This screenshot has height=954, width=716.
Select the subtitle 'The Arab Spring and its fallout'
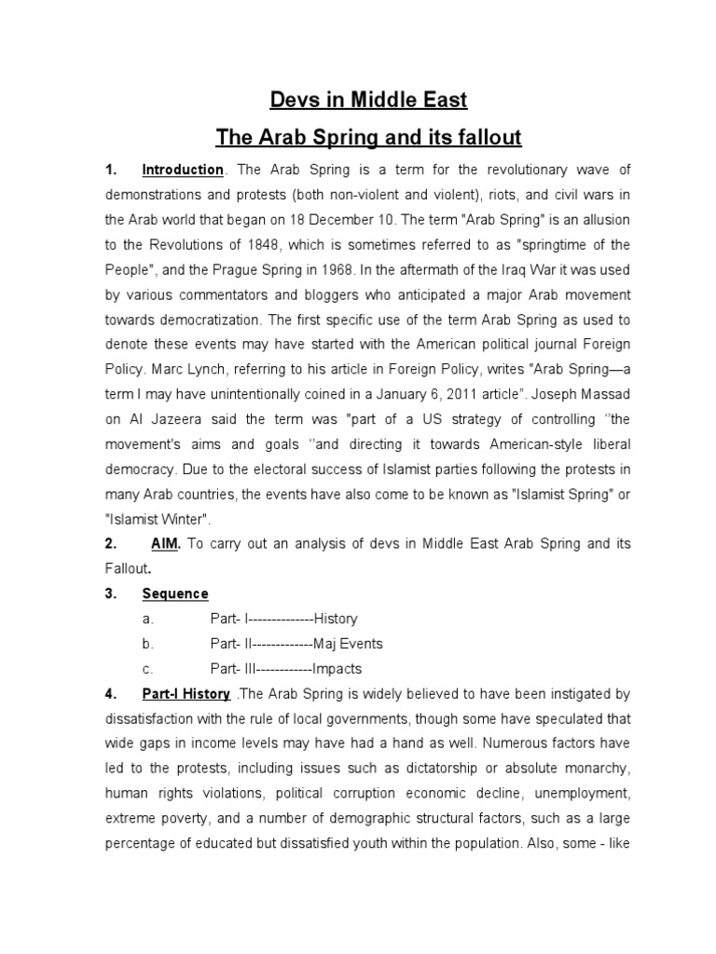[x=369, y=139]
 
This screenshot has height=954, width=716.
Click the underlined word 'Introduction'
[x=183, y=170]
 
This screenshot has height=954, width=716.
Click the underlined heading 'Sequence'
[x=175, y=594]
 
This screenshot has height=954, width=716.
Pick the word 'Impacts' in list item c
[x=337, y=669]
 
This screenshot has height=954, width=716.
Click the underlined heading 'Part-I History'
[x=186, y=694]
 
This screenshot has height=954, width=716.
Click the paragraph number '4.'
[x=110, y=694]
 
